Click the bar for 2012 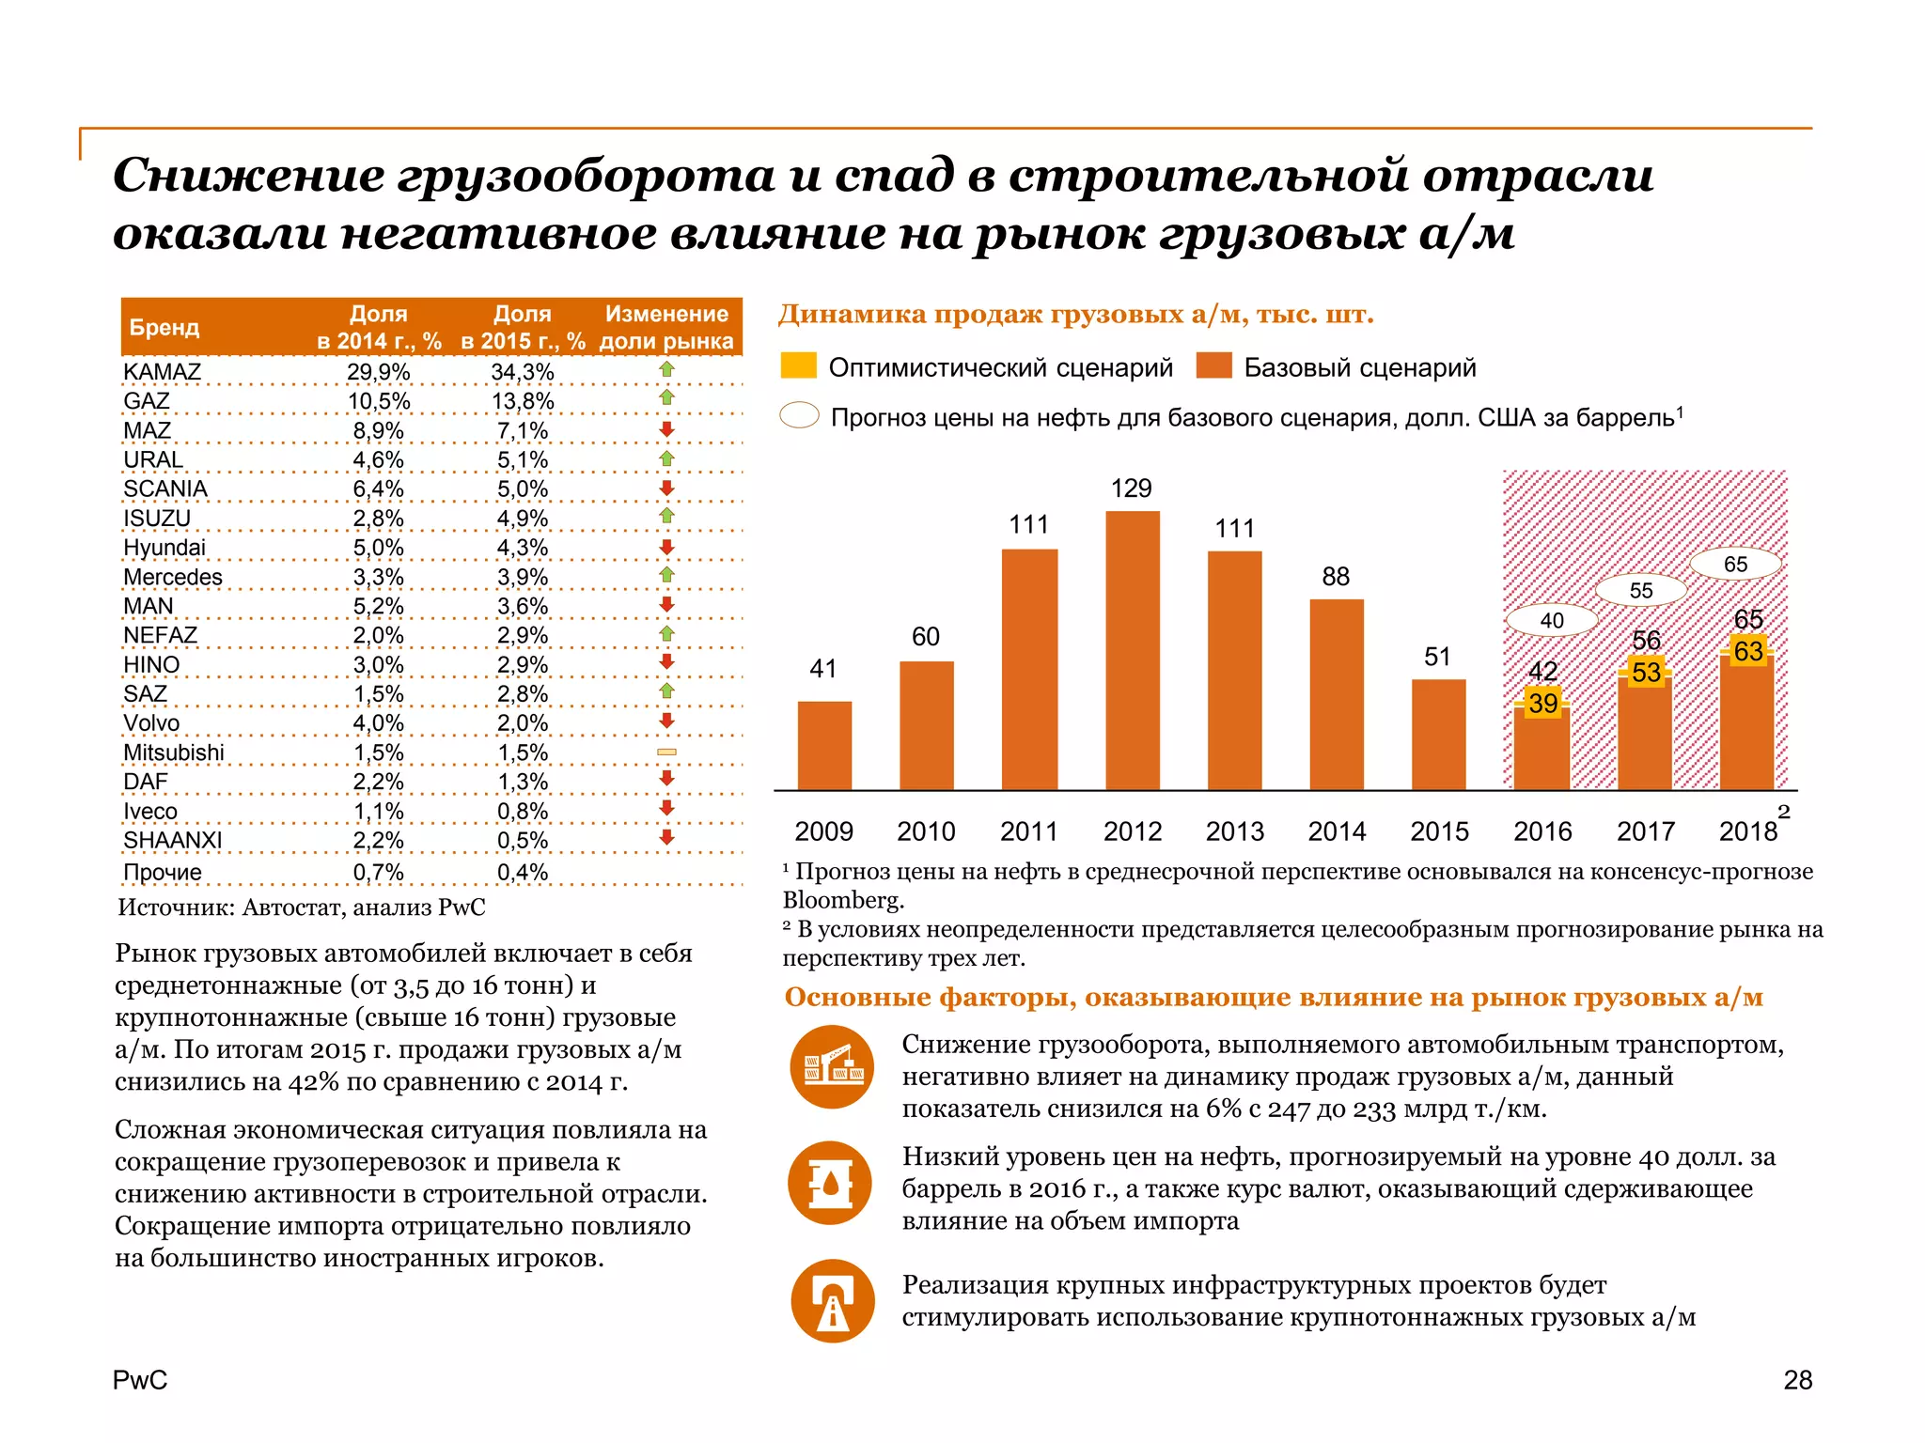point(1133,650)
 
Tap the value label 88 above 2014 point(1336,577)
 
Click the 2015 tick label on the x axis point(1439,831)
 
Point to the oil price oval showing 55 point(1640,591)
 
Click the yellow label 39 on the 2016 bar point(1542,704)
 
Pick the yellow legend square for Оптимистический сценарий point(799,366)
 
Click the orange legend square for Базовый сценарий point(1213,366)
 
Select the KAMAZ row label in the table point(162,372)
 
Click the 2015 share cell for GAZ point(523,401)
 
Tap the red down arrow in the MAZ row point(666,429)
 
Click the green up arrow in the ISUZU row point(666,517)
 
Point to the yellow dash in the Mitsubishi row point(666,752)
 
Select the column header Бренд point(164,327)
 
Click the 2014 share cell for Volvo point(378,723)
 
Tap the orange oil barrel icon point(831,1184)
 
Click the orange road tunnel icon point(831,1301)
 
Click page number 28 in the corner point(1797,1380)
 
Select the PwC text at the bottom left point(140,1380)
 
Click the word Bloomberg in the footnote point(842,900)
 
